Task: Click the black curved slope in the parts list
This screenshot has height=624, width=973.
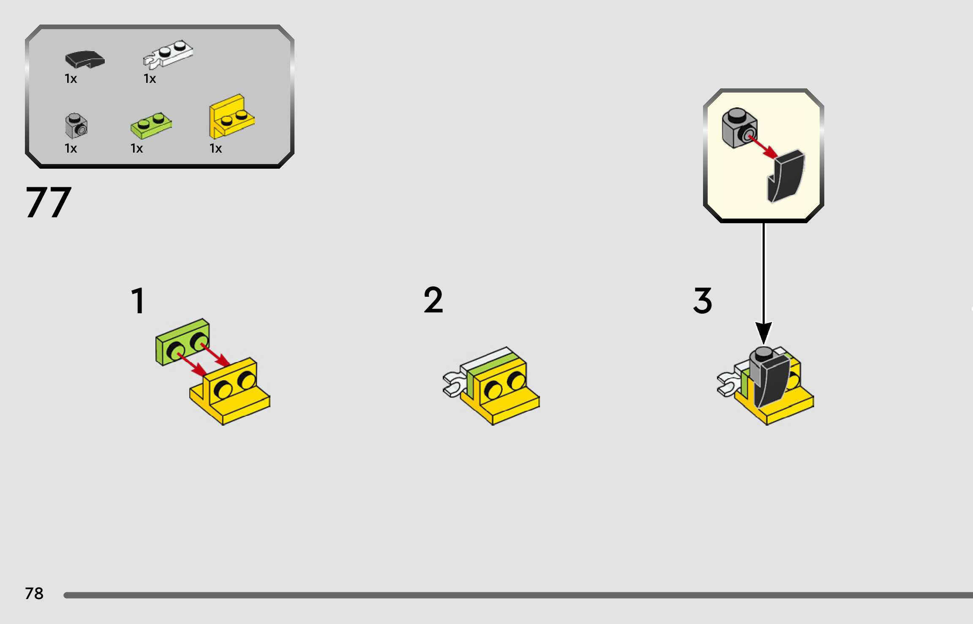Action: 84,59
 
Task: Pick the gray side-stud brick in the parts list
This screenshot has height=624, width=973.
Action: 76,126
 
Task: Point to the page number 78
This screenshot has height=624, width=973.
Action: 34,594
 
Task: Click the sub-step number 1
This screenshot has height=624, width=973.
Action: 138,301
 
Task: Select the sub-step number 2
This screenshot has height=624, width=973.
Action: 433,300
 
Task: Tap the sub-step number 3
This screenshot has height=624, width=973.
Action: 702,301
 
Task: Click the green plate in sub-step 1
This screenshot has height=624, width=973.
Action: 182,342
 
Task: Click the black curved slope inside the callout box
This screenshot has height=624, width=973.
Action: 787,176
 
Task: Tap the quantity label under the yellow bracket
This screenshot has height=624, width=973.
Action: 215,148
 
